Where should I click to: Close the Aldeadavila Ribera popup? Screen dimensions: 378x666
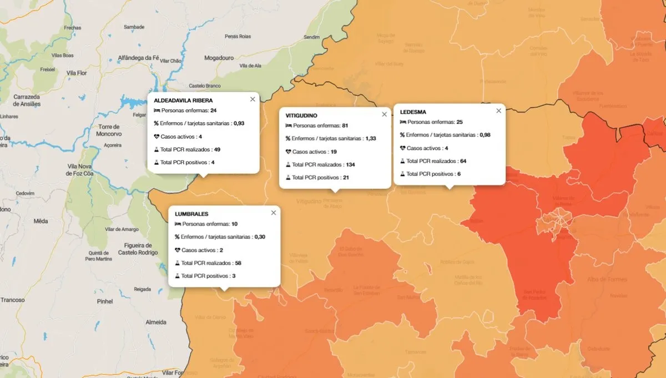click(x=253, y=99)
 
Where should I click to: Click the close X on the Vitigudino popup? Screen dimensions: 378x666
click(x=384, y=114)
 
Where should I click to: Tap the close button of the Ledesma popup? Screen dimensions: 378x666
click(x=498, y=110)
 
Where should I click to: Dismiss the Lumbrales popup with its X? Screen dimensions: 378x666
click(x=273, y=213)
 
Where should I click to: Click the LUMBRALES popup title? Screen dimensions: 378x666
click(x=191, y=214)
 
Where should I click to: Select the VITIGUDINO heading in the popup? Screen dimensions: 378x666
click(x=301, y=115)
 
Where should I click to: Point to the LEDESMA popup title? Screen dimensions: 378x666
click(x=413, y=112)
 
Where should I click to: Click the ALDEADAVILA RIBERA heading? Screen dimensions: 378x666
click(x=183, y=100)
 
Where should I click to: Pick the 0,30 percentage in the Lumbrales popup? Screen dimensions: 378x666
click(x=260, y=237)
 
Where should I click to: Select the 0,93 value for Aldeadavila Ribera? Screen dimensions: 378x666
click(x=239, y=123)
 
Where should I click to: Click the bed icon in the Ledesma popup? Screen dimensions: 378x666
click(x=403, y=122)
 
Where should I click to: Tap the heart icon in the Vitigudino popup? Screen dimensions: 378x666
click(x=288, y=152)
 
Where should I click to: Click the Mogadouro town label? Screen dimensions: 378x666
click(x=219, y=57)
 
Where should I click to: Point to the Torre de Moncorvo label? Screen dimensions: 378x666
click(x=108, y=130)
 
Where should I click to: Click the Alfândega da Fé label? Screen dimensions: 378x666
click(x=139, y=58)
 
